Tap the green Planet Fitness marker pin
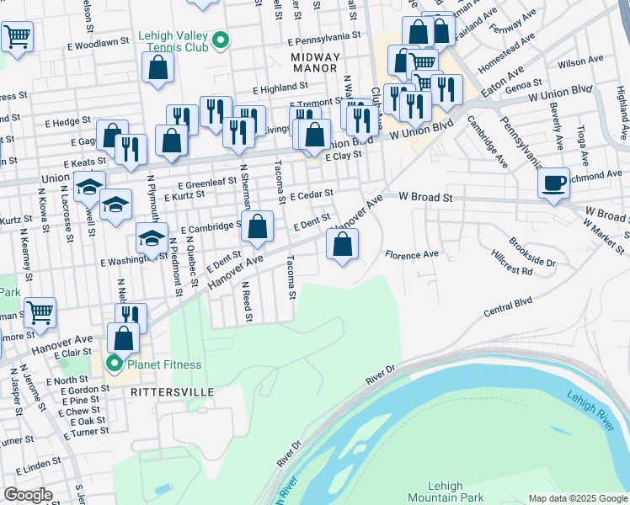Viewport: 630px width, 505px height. coord(115,364)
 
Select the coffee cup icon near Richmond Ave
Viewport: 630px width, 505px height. coord(553,183)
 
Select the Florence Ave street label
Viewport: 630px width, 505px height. coord(412,254)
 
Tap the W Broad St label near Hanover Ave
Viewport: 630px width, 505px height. coord(426,197)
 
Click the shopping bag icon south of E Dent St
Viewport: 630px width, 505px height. coord(343,247)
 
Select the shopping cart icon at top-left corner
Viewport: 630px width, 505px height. coord(17,36)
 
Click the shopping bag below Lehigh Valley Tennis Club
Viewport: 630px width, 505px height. coord(157,67)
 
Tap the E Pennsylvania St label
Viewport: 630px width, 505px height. coord(323,39)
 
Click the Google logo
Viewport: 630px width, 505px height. coord(28,495)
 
